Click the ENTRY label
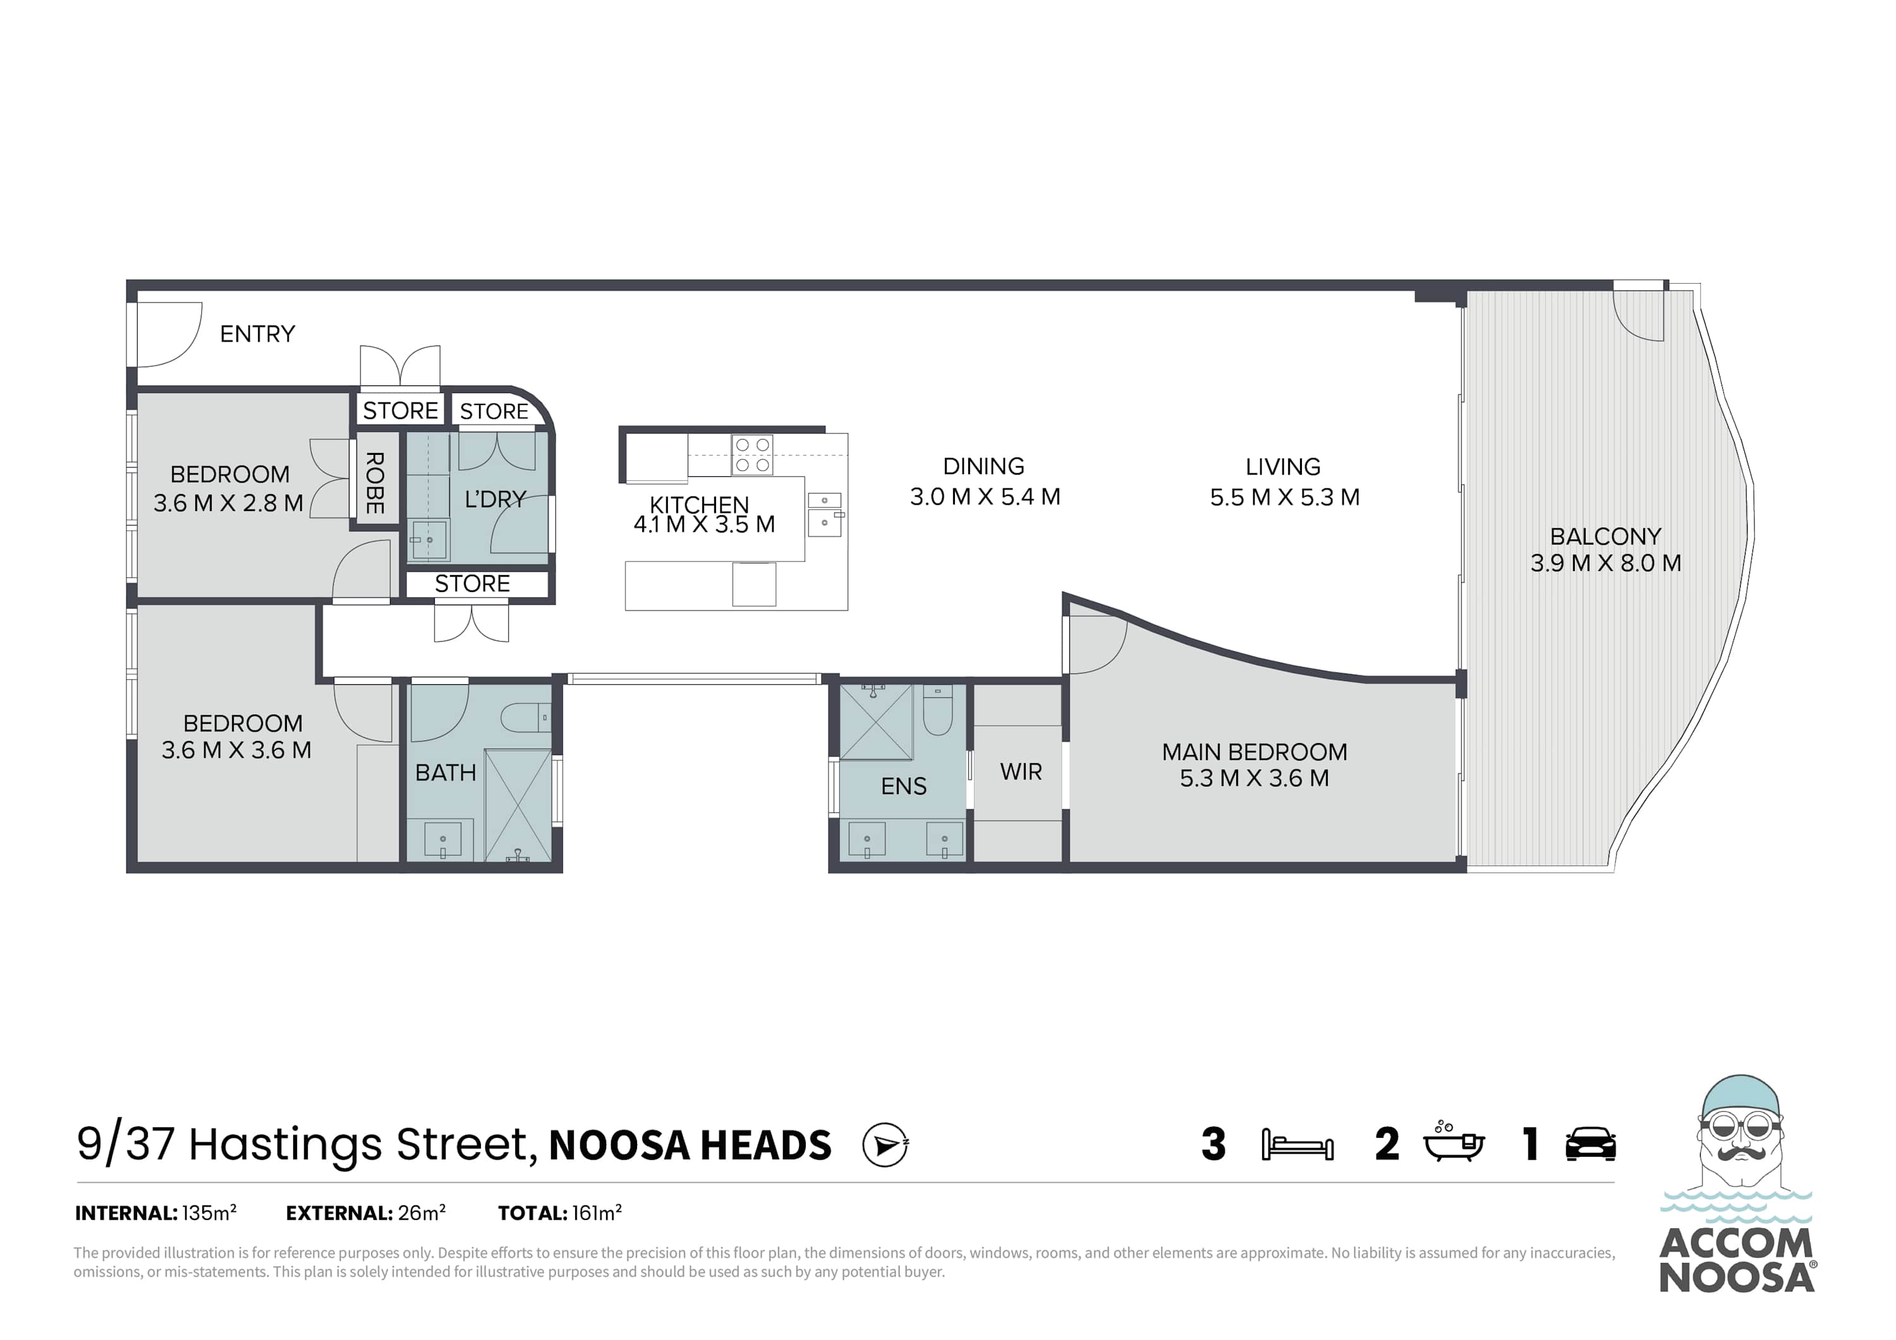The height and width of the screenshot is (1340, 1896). click(258, 334)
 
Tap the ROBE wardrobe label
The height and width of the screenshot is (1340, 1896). click(375, 483)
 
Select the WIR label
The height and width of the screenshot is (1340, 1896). click(1021, 772)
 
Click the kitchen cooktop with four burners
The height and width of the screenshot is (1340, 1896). click(752, 455)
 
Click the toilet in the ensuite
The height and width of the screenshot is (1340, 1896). click(937, 711)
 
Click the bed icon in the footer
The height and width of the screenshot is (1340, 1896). click(1297, 1145)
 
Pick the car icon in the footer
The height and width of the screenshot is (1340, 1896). click(1591, 1144)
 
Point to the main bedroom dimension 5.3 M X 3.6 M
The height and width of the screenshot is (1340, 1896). click(1255, 778)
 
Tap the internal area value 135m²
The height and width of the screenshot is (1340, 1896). click(210, 1213)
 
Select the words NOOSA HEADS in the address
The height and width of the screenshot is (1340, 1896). click(690, 1146)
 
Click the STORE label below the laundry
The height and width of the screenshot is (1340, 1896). click(472, 584)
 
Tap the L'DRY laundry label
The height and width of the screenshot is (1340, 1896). click(495, 498)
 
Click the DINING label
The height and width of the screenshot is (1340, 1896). click(983, 466)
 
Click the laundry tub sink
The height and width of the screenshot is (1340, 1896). click(428, 540)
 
